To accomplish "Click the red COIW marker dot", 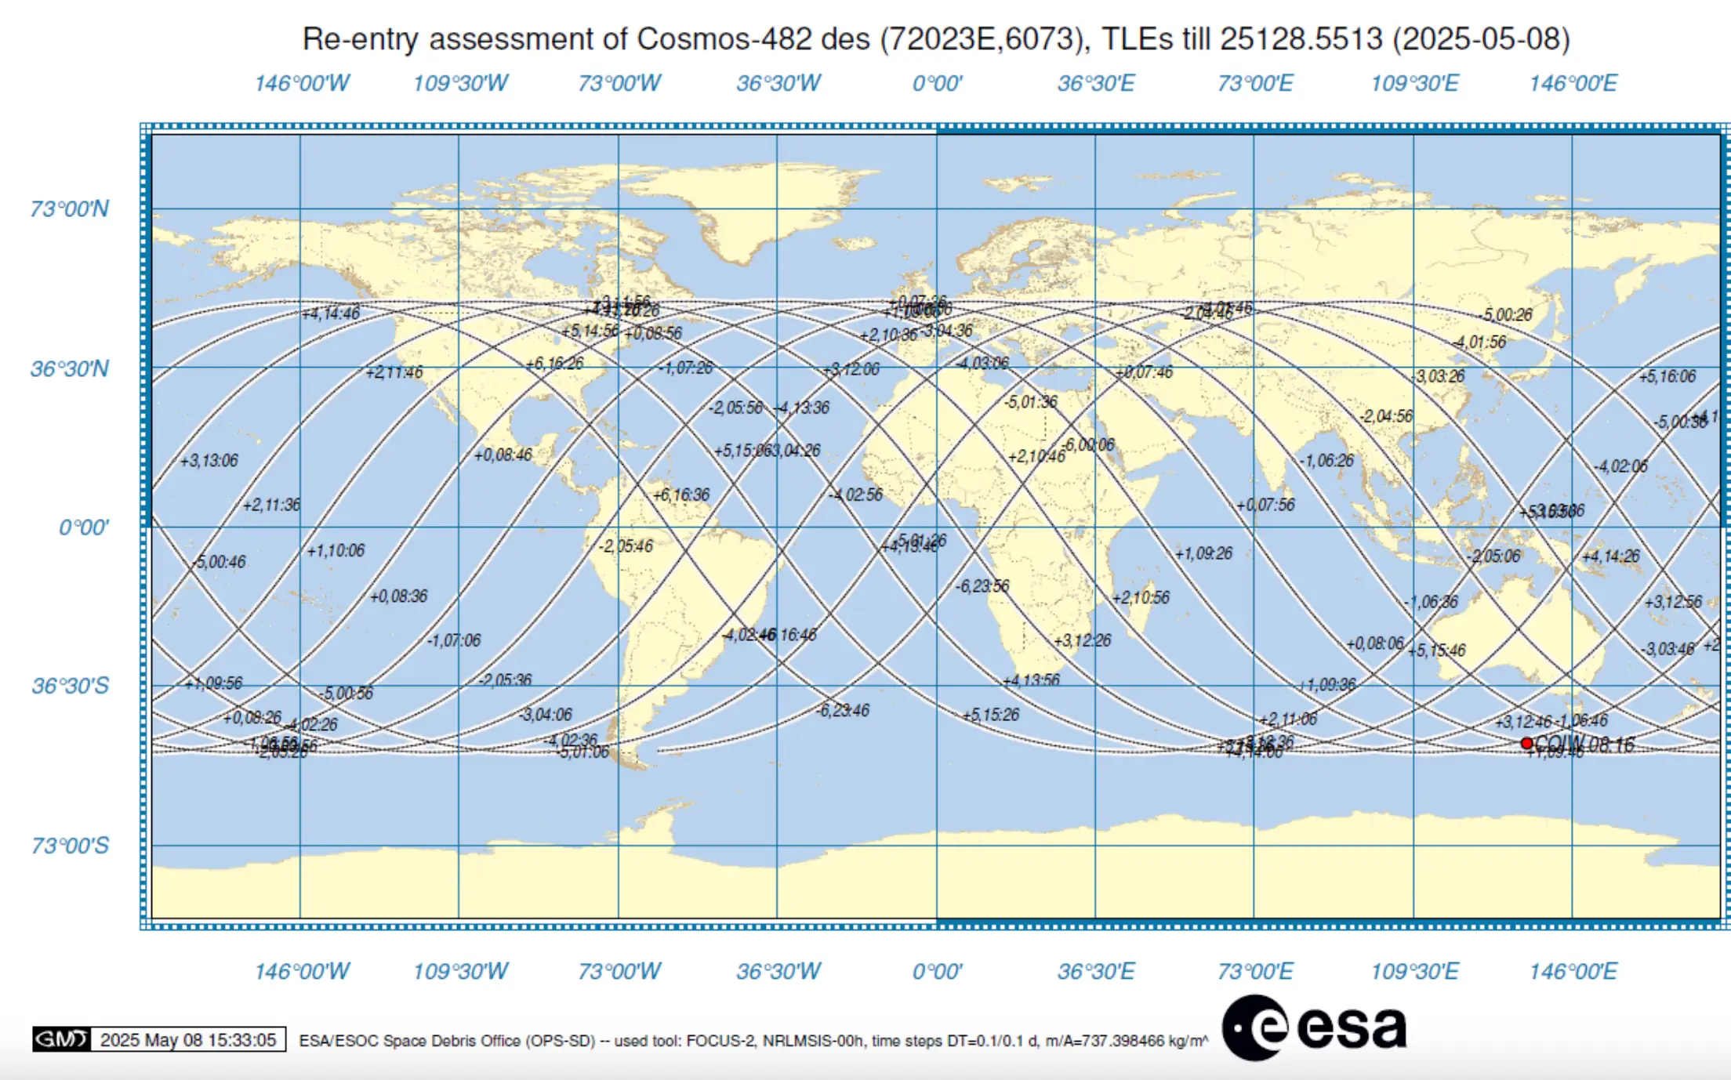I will coord(1526,743).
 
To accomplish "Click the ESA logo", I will coord(1315,1027).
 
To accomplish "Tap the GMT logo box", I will coord(61,1039).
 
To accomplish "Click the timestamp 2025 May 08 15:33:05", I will coord(188,1040).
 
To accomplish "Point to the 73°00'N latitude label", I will coord(70,209).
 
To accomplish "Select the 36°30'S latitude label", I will coord(70,686).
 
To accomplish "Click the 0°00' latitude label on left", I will coord(84,527).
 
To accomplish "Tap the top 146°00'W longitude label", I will coord(302,83).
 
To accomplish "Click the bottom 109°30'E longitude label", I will coord(1414,971).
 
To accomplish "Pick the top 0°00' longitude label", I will coord(937,83).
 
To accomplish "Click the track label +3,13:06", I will coord(209,461).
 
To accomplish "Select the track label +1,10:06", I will coord(336,551).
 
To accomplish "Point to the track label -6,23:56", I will coord(982,586).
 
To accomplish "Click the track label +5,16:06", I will coord(1667,376).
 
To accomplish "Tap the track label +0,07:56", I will coord(1265,505).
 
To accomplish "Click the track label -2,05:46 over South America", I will coord(626,546).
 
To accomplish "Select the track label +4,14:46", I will coord(331,313).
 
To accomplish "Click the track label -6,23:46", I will coord(843,711).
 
